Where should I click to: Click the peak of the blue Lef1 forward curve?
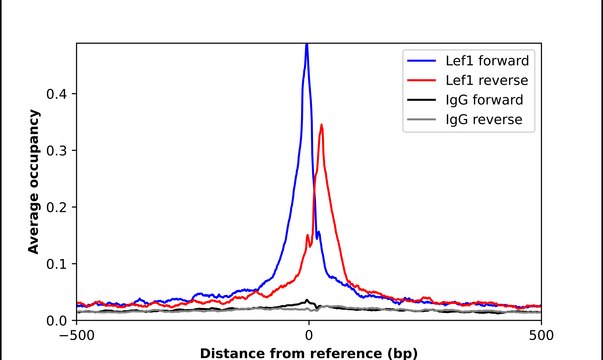[307, 46]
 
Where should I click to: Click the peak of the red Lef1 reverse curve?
[321, 125]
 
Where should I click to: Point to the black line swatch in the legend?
[419, 100]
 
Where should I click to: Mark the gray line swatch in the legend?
[419, 121]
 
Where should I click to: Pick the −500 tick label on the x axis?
[76, 337]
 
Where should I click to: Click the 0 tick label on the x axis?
[308, 337]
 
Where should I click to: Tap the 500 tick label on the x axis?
[541, 337]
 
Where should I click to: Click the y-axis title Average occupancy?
[34, 182]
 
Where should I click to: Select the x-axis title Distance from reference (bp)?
[308, 353]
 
